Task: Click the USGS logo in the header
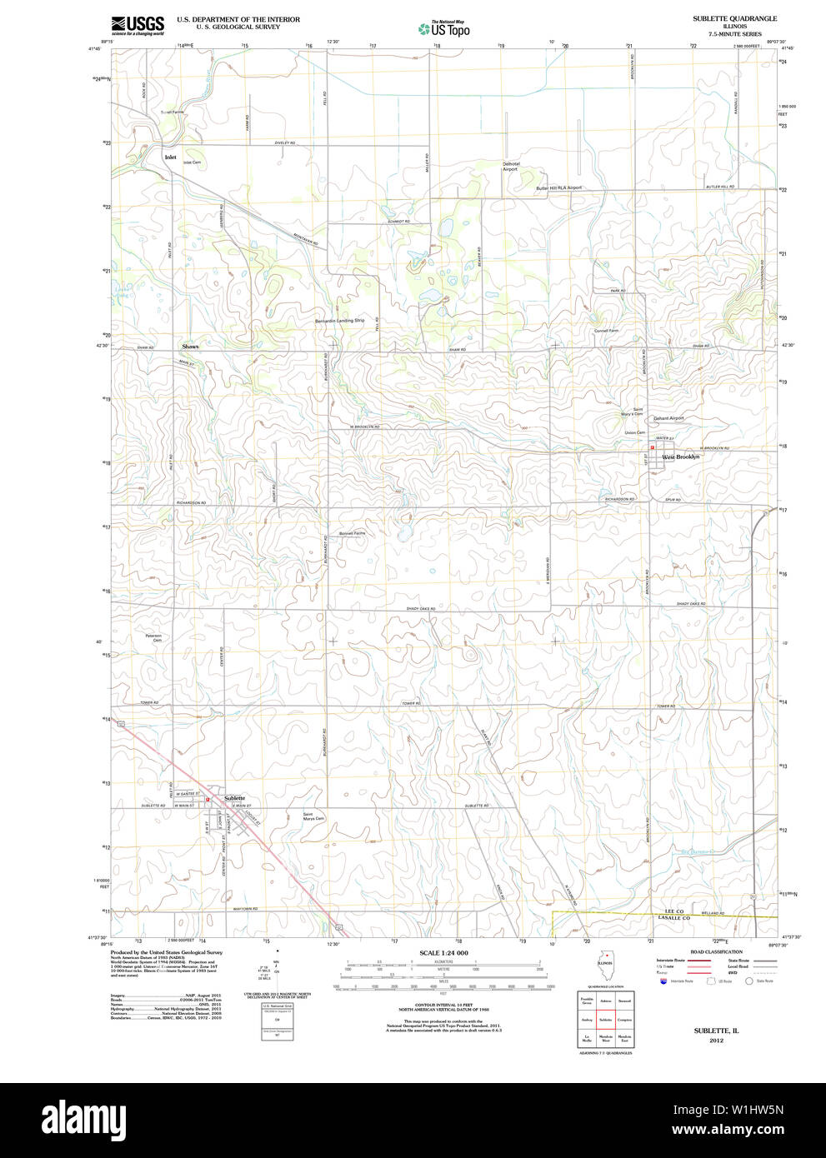138,24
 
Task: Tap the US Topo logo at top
444,28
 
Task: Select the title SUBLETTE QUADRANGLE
734,18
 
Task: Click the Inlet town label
170,157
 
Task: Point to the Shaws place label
190,346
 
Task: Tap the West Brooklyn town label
681,457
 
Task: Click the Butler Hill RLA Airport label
558,188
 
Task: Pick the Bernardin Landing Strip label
339,321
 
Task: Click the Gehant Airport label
668,418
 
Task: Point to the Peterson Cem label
153,638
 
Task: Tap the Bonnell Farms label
352,533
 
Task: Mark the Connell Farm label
606,331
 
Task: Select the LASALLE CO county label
674,918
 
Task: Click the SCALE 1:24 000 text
443,952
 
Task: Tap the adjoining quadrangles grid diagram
606,1018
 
